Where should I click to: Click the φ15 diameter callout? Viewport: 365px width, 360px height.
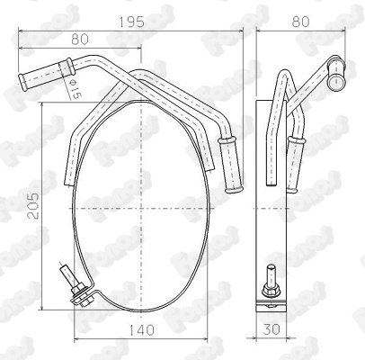pos(74,87)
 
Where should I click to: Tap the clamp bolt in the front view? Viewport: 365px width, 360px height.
pos(68,275)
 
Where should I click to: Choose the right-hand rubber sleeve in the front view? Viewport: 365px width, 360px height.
pos(232,166)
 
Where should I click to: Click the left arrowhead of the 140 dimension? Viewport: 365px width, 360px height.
pos(76,337)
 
